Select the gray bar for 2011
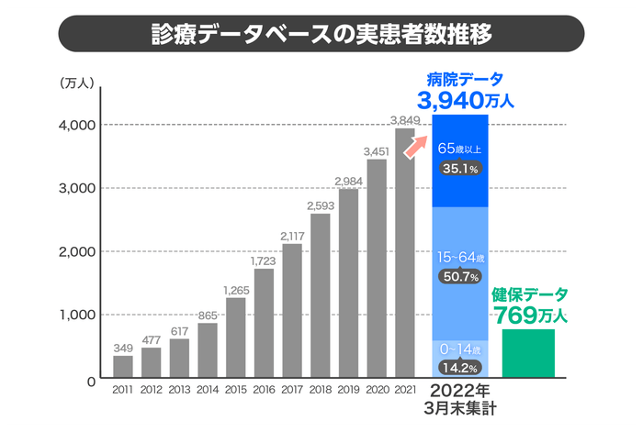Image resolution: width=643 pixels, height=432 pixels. point(123,366)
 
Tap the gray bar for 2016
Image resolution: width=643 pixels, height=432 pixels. point(264,322)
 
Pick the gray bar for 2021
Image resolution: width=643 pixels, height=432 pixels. point(405,252)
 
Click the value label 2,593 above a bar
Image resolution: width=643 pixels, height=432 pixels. point(321,205)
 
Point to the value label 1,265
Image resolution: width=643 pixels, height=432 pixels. point(236,290)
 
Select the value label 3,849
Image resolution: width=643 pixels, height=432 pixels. point(405,120)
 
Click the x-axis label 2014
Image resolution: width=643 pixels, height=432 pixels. point(208,390)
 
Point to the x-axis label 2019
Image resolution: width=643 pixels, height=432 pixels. point(348,390)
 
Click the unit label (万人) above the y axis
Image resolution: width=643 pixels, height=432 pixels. point(74,83)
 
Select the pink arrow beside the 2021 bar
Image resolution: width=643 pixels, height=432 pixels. point(417,143)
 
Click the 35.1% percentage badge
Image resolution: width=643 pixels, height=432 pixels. point(460,169)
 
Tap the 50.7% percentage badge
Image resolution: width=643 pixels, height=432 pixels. point(460,277)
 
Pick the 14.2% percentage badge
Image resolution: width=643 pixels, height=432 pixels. point(460,368)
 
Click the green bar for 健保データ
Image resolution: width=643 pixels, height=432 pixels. point(528,353)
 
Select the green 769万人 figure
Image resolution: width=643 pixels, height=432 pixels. point(531,316)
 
